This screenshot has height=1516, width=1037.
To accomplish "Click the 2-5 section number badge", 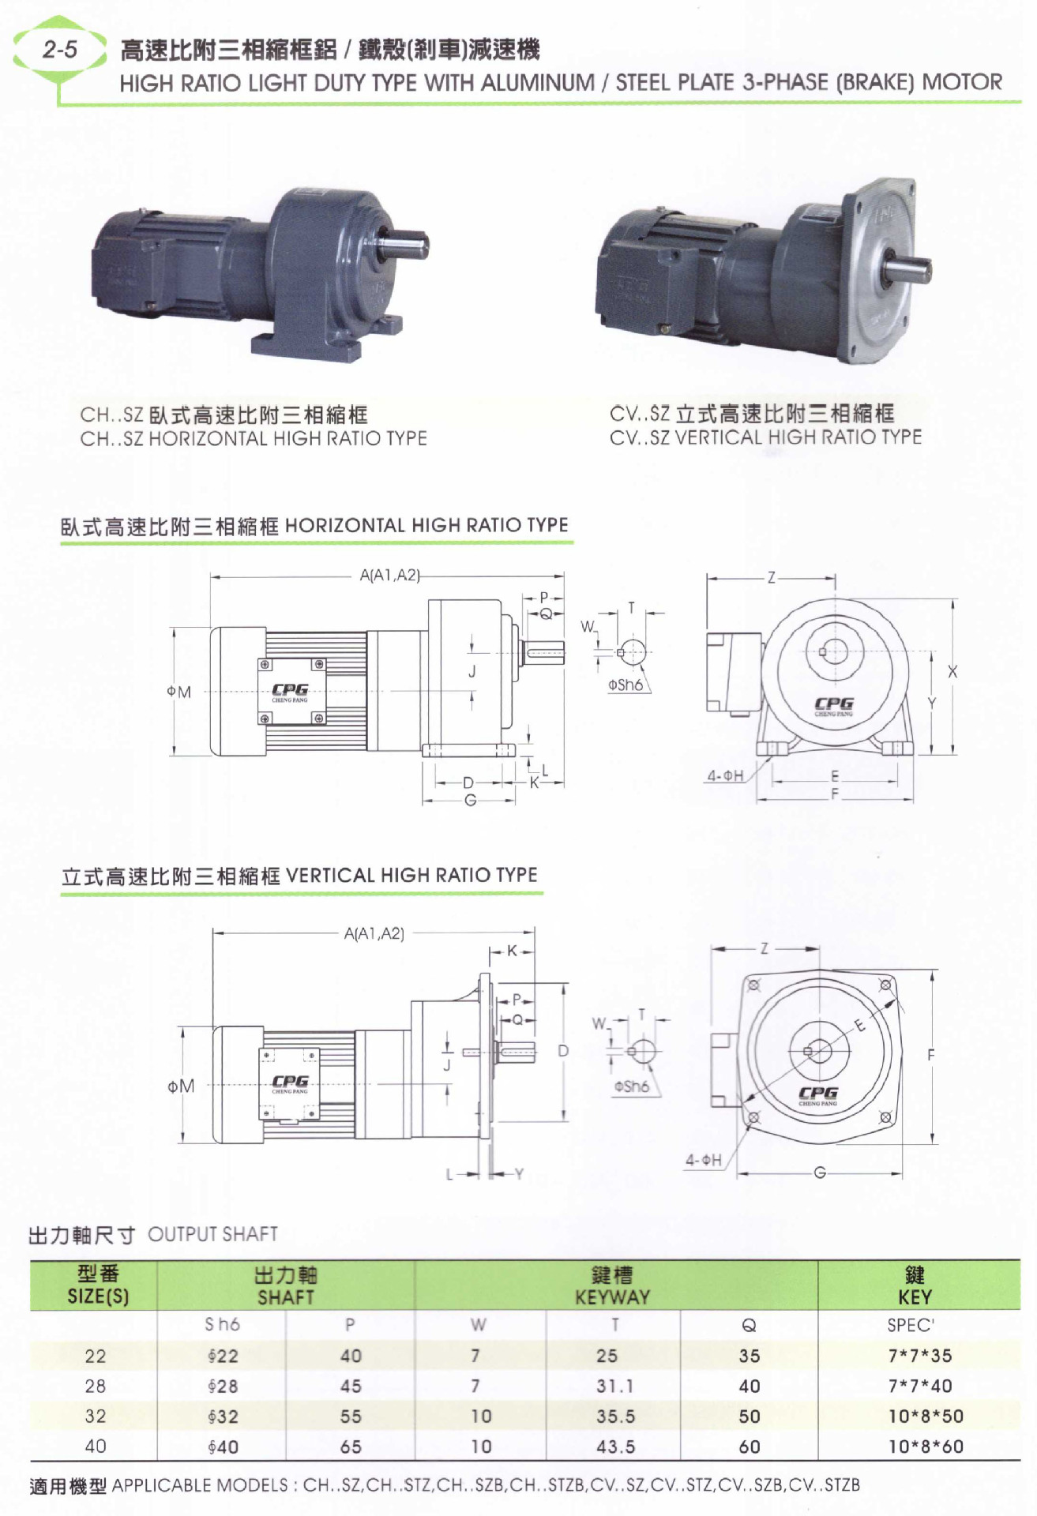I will click(60, 51).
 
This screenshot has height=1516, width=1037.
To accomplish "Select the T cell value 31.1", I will click(614, 1386).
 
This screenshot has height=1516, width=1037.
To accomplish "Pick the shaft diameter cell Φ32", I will click(223, 1417).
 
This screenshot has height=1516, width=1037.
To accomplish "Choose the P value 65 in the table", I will click(351, 1447).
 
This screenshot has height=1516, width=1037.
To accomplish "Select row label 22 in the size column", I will click(96, 1356).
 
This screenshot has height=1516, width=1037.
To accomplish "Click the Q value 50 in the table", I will click(749, 1417).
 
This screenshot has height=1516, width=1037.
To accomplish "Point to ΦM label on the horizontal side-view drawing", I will click(179, 692).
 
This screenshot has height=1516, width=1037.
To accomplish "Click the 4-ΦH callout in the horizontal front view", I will click(724, 775).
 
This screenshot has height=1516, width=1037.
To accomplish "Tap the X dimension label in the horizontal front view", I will click(952, 672).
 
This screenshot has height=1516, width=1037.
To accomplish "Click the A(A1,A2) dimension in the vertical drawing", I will click(374, 933).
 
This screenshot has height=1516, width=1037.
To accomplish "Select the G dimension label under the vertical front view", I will click(820, 1173).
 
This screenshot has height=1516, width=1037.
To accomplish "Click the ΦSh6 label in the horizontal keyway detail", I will click(625, 685).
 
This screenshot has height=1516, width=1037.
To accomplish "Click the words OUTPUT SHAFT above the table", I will click(212, 1234).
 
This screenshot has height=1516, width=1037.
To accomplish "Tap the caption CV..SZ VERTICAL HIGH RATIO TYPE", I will click(765, 437).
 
